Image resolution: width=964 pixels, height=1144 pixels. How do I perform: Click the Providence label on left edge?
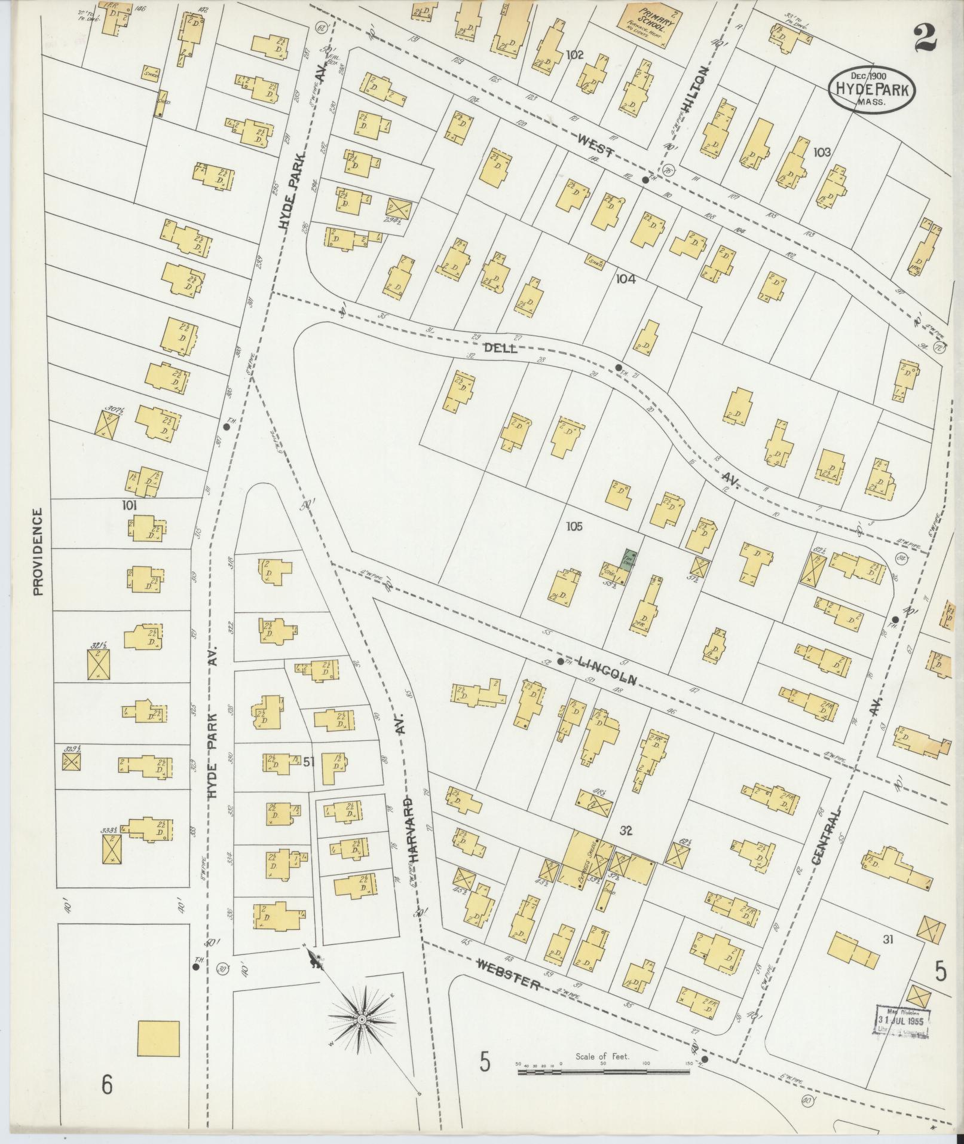(x=38, y=552)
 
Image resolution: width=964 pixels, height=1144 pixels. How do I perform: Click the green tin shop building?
(x=629, y=557)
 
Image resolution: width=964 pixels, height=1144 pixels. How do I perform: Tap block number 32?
(x=626, y=830)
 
